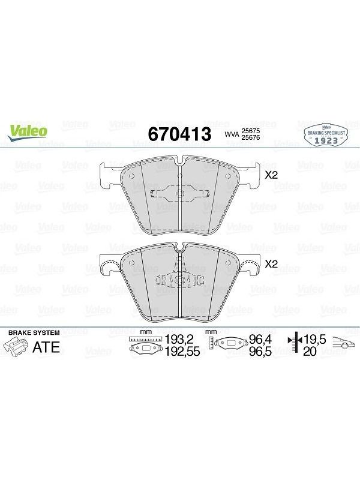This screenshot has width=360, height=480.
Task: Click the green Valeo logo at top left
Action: click(x=28, y=133)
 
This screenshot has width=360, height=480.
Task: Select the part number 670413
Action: click(x=179, y=134)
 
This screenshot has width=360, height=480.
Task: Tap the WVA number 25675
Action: click(x=251, y=131)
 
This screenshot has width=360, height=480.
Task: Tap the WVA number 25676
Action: click(x=251, y=137)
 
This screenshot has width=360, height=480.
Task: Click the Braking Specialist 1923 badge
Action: click(x=326, y=134)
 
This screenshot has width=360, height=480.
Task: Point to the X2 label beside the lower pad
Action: click(x=271, y=264)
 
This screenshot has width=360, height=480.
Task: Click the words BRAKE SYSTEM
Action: click(x=34, y=332)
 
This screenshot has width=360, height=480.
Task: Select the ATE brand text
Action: click(x=46, y=347)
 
